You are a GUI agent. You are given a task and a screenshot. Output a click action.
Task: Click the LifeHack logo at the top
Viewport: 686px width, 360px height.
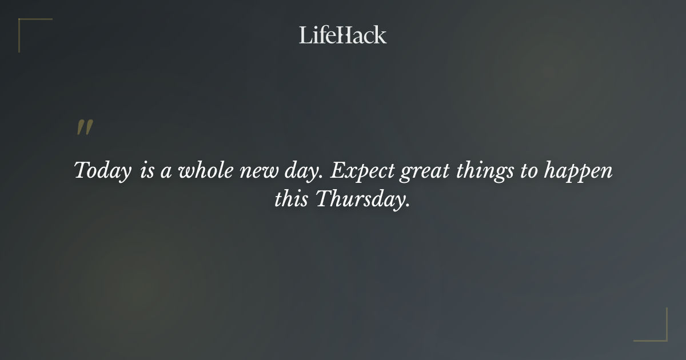(x=342, y=35)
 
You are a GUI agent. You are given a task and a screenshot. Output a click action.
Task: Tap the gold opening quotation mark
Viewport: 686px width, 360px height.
(x=84, y=128)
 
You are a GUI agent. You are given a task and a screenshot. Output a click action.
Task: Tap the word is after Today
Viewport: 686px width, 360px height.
(x=146, y=171)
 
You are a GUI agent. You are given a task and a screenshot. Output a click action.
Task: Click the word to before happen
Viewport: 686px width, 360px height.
(x=528, y=171)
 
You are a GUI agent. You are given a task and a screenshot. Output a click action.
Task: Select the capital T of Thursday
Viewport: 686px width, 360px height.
(x=324, y=199)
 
